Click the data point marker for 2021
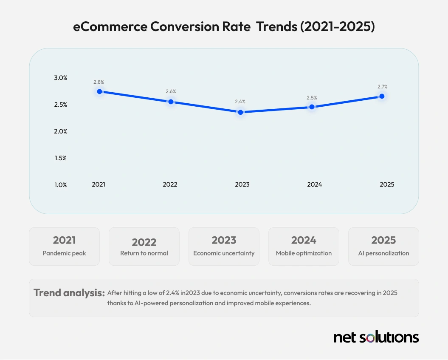[100, 91]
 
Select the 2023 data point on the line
[241, 112]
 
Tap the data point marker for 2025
[382, 96]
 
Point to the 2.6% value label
[171, 91]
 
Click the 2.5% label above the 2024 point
[312, 98]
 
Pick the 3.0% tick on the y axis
[60, 78]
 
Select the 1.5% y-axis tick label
[60, 158]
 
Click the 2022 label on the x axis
[170, 184]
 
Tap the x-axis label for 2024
[315, 184]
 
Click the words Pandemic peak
[64, 253]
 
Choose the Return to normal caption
[144, 253]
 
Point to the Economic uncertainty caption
[224, 253]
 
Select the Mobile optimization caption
[304, 253]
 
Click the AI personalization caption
[383, 253]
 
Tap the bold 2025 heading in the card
[383, 240]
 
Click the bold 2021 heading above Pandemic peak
[64, 240]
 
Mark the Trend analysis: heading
[69, 293]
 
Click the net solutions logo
[376, 337]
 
